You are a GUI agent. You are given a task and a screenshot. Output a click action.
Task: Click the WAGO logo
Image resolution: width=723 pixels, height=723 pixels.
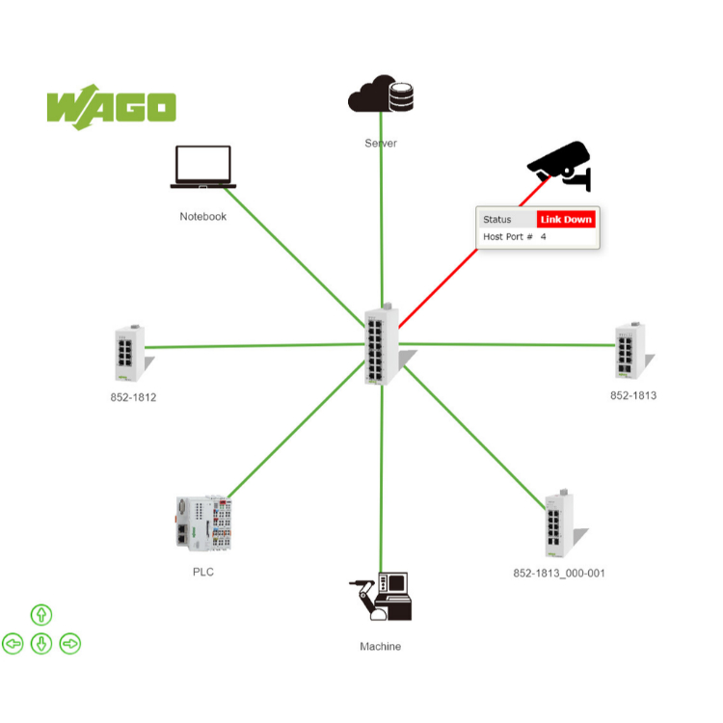[x=111, y=107]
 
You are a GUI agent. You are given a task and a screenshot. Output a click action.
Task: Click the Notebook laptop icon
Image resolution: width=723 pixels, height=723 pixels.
[x=202, y=167]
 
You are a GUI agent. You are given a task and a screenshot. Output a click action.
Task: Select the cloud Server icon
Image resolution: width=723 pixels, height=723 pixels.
[x=381, y=94]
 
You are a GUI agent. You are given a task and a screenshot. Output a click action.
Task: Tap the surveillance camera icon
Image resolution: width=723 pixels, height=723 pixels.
[x=560, y=166]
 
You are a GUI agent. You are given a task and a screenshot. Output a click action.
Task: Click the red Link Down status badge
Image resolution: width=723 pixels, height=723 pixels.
[x=566, y=220]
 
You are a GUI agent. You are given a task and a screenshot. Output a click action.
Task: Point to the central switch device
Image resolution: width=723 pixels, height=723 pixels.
[x=383, y=345]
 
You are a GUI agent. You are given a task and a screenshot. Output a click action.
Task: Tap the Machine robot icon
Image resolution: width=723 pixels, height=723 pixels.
[x=382, y=597]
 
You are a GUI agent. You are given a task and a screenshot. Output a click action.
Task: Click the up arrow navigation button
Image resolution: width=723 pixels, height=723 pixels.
[x=41, y=615]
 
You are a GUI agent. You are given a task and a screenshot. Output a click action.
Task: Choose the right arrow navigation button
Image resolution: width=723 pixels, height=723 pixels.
[x=70, y=643]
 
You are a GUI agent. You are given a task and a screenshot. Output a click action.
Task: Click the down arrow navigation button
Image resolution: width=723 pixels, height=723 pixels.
[x=41, y=643]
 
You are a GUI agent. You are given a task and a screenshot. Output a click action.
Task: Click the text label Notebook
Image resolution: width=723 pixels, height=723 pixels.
[x=202, y=217]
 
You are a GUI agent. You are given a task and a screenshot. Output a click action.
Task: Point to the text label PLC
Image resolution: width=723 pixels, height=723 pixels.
[x=202, y=572]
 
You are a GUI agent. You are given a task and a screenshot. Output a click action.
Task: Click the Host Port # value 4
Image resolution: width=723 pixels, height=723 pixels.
[x=543, y=236]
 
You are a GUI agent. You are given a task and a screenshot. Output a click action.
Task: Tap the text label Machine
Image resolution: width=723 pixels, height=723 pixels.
[x=380, y=646]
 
